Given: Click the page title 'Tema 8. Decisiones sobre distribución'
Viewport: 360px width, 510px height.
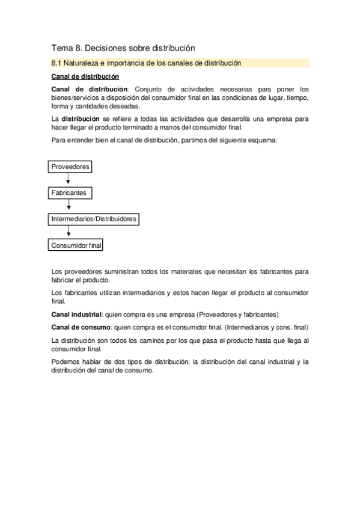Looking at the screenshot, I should pos(123,48).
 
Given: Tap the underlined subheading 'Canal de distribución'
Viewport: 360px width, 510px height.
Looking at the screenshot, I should pos(85,77).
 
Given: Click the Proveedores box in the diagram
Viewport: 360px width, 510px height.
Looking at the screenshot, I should pos(70,167).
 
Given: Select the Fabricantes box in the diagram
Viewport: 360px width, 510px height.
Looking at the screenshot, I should pos(69,193).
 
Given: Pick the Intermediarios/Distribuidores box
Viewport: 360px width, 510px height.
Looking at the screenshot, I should pos(94,220).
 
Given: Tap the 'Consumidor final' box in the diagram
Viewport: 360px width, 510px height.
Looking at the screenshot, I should pos(77,245).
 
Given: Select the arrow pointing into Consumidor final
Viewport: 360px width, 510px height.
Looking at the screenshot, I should pos(68,232).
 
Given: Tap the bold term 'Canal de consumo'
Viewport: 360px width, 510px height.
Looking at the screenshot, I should pos(81,328).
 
